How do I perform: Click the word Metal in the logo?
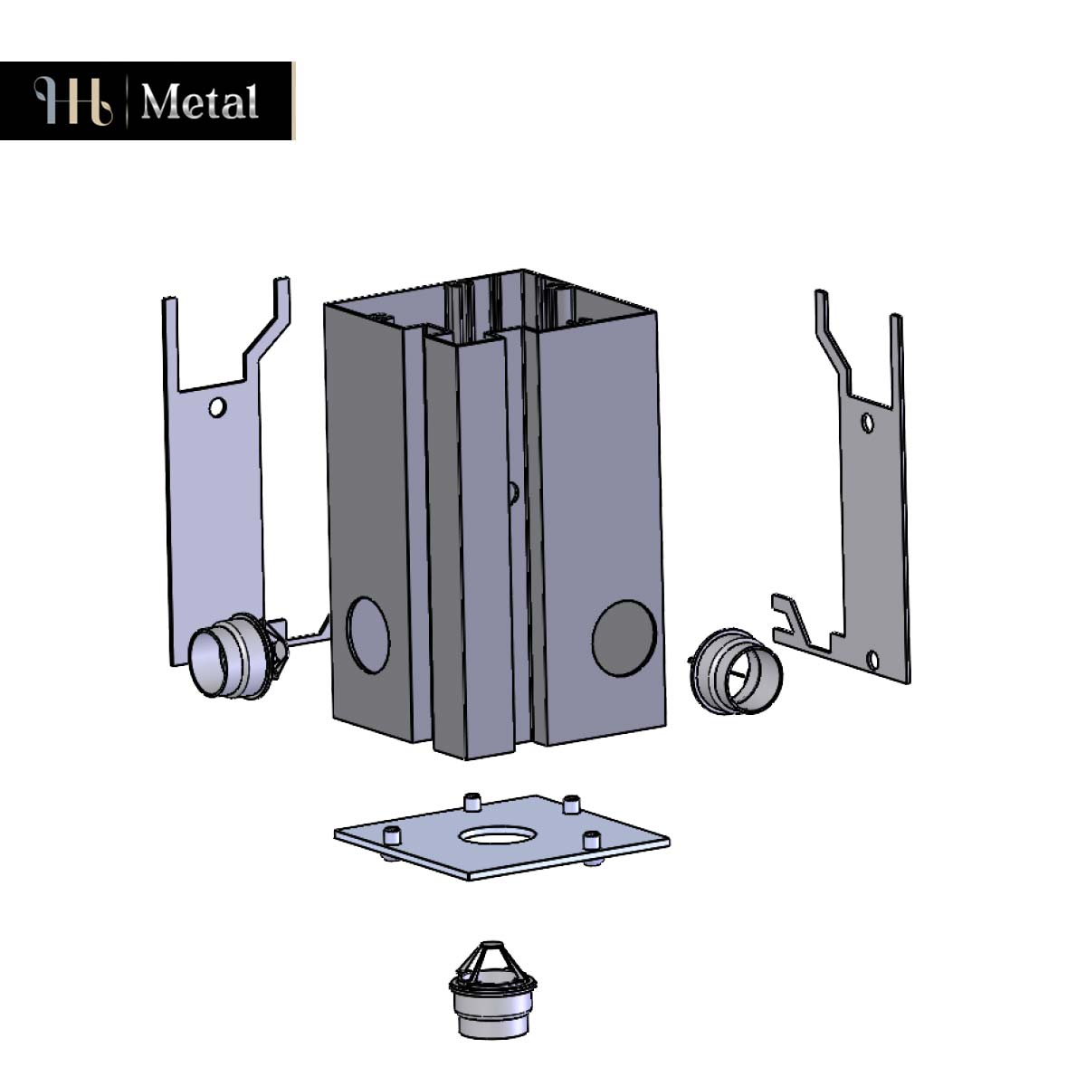coord(199,101)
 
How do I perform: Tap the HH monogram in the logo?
coord(73,100)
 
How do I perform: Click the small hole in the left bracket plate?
coord(217,407)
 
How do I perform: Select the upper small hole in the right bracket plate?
coord(867,423)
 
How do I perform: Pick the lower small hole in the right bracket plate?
coord(872,660)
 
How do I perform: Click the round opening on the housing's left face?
coord(368,634)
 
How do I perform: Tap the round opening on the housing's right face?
coord(624,638)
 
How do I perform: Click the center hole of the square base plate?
coord(495,836)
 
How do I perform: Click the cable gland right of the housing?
coord(735,672)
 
